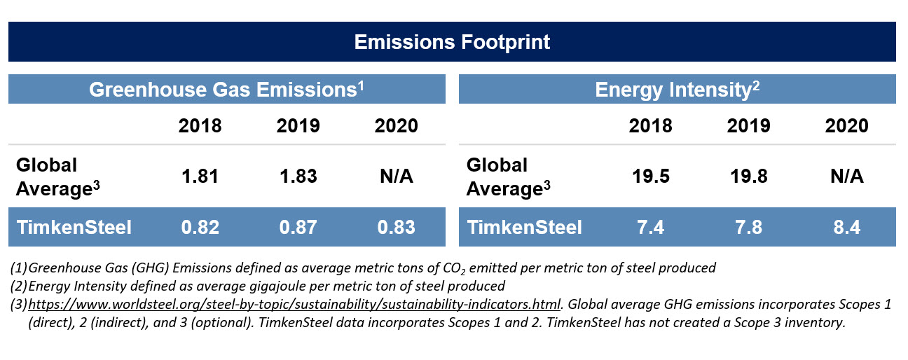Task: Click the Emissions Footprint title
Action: pos(452,42)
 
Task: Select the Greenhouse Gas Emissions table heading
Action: pos(226,90)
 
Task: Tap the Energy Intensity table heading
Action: pos(677,90)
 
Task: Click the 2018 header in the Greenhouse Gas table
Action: pos(200,125)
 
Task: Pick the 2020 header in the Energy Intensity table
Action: pos(846,125)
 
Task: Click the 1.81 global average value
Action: pos(200,176)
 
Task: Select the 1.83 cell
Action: pos(298,176)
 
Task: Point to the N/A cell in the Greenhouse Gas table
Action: pos(397,176)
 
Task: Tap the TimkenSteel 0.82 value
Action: pos(200,227)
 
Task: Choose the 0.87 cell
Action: pos(298,227)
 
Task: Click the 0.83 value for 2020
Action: pos(396,227)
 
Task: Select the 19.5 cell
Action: pos(651,176)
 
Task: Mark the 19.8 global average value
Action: pos(749,176)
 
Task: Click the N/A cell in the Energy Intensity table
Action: pos(847,176)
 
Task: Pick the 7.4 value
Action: pos(651,227)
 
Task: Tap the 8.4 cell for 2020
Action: pos(847,227)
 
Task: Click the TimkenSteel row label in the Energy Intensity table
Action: pos(524,227)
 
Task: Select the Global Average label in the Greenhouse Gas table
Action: pos(57,177)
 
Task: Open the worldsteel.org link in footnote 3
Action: pos(294,304)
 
